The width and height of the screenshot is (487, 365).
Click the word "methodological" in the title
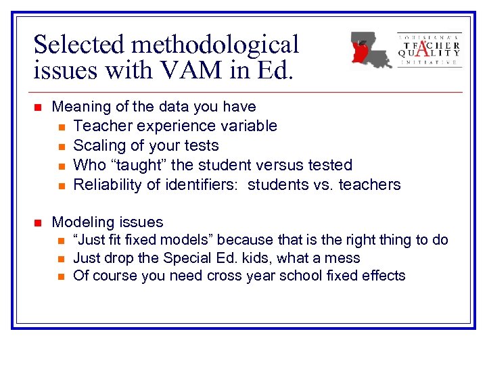(x=216, y=45)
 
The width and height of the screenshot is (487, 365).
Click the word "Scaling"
(x=99, y=145)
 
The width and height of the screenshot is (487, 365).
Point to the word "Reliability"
(x=107, y=185)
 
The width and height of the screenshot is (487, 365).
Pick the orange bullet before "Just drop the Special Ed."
(x=61, y=258)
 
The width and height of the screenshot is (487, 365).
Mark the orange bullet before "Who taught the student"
(x=61, y=166)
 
